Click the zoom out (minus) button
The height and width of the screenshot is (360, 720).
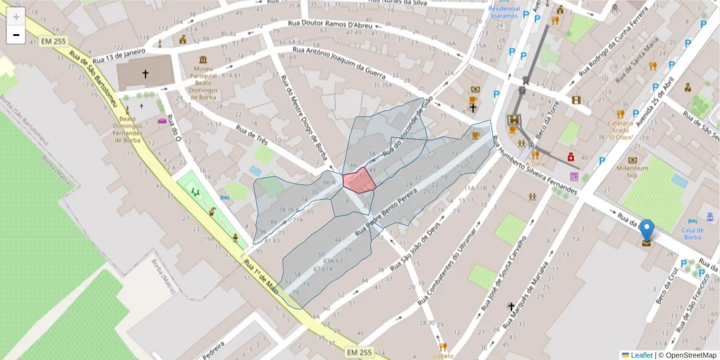pos(16,35)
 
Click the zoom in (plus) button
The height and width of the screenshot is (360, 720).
pos(16,17)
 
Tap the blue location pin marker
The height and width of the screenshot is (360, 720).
pos(647,231)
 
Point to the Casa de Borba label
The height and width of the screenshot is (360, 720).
pos(691,233)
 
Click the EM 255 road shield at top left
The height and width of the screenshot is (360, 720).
pos(53,42)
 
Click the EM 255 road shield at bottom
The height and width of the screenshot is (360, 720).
pos(359,352)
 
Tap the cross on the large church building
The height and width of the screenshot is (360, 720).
pos(145,74)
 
